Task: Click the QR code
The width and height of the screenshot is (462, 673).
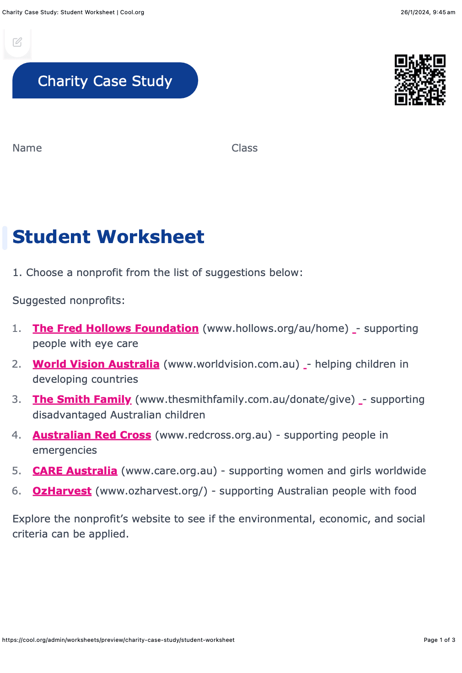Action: pos(420,80)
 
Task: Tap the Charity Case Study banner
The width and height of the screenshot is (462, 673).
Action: pos(105,81)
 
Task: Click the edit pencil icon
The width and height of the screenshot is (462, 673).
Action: pos(17,42)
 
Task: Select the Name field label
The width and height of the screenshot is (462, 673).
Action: pos(27,148)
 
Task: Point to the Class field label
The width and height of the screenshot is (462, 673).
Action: pos(244,148)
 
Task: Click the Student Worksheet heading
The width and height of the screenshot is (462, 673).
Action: pos(108,237)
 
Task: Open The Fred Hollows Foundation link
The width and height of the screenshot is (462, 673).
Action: pos(115,328)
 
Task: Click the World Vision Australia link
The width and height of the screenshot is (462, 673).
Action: pos(96,364)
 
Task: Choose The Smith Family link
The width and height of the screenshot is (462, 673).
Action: pos(82,399)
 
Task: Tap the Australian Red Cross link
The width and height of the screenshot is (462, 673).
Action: pos(91,435)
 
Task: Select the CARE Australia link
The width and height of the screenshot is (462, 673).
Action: pos(75,471)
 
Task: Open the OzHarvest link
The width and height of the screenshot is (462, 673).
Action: pos(62,491)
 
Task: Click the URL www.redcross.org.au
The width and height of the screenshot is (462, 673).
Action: pos(213,435)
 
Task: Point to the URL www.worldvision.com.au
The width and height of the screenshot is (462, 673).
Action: pos(231,364)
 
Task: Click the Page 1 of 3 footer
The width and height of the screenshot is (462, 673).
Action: pos(439,640)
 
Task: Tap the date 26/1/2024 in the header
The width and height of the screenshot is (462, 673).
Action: pos(415,12)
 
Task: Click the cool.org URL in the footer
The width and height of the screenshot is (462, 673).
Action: pos(118,640)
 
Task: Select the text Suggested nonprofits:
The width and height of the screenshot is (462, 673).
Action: pos(69,300)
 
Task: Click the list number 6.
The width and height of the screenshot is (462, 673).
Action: pos(16,491)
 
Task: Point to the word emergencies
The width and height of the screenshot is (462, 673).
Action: pos(64,450)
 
